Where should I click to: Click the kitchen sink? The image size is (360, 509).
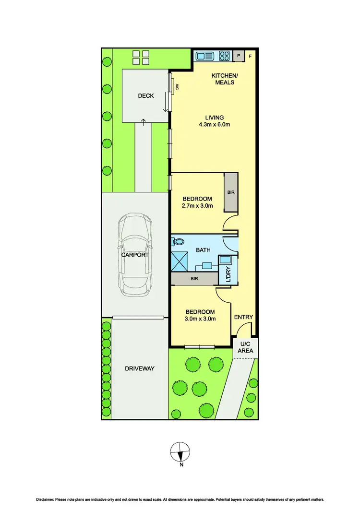click(x=205, y=56)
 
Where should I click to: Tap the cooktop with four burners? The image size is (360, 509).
click(x=224, y=56)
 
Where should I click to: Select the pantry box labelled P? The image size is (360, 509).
click(x=238, y=56)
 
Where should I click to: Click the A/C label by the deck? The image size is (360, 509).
click(x=177, y=87)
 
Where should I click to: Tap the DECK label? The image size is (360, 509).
click(x=146, y=96)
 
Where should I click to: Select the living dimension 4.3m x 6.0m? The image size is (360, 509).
click(x=215, y=125)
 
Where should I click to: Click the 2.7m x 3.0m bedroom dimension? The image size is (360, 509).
click(x=197, y=206)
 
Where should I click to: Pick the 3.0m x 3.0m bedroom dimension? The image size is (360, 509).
click(x=200, y=319)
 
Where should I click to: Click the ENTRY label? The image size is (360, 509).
click(x=243, y=317)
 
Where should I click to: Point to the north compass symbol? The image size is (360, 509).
click(x=180, y=452)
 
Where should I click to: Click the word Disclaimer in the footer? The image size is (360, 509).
click(x=43, y=500)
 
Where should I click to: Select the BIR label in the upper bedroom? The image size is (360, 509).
click(x=231, y=192)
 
